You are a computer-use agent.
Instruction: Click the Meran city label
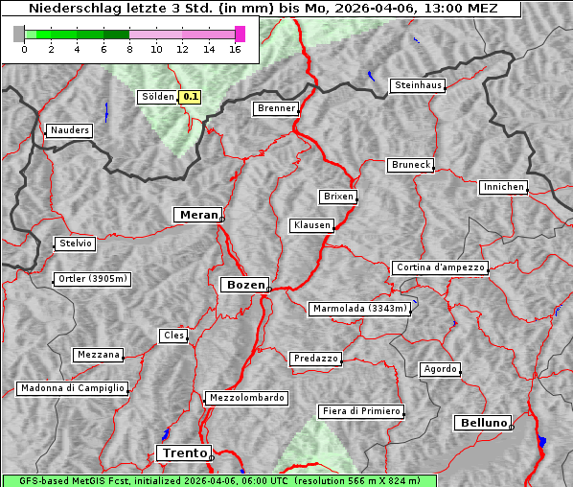point(197,215)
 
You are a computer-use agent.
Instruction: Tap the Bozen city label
point(243,285)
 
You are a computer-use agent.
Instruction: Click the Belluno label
point(482,422)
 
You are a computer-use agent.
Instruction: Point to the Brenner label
point(276,108)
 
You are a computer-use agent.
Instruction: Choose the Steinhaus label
point(419,85)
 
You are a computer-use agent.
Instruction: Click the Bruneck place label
point(411,165)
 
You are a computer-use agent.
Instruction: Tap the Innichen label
point(503,187)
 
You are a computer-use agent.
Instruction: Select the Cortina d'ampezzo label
point(440,267)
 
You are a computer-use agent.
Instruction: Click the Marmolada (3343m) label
point(360,309)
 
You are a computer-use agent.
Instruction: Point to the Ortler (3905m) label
point(91,280)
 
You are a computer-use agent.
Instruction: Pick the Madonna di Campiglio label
point(72,388)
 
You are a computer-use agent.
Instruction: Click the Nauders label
point(69,130)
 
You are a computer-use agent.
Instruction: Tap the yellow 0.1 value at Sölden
point(191,96)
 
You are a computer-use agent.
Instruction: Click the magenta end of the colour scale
point(240,34)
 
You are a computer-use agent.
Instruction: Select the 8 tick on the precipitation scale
point(129,50)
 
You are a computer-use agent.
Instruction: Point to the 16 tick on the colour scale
point(235,50)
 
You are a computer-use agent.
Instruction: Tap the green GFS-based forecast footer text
point(218,480)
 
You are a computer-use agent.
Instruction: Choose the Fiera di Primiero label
point(361,411)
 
